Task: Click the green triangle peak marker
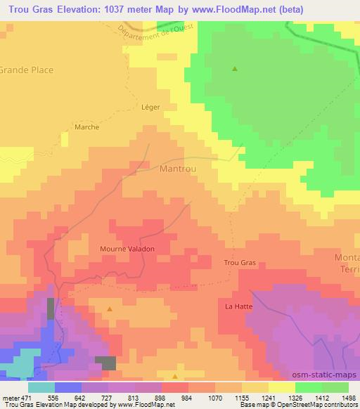click(235, 69)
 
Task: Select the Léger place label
click(150, 107)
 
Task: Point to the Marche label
click(87, 128)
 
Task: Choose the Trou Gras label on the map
click(239, 263)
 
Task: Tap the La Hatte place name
click(238, 306)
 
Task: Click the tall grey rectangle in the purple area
click(51, 309)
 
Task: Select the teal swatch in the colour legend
click(41, 387)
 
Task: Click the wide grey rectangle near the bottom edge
click(105, 363)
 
